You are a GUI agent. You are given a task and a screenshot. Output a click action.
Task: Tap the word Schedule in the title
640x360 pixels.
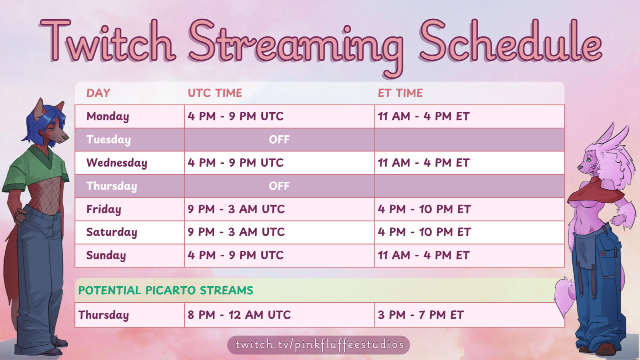pyautogui.click(x=511, y=40)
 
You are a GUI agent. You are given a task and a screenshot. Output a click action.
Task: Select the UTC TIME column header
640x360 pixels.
pyautogui.click(x=215, y=93)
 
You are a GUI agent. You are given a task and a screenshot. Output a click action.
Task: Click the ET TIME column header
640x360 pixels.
pyautogui.click(x=400, y=93)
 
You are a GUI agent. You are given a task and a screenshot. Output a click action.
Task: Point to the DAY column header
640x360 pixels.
pyautogui.click(x=98, y=93)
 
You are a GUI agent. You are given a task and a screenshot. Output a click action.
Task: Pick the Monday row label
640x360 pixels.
pyautogui.click(x=108, y=117)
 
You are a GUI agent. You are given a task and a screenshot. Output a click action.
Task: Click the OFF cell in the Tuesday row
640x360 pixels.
pyautogui.click(x=279, y=139)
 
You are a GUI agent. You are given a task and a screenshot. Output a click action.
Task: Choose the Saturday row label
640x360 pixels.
pyautogui.click(x=112, y=232)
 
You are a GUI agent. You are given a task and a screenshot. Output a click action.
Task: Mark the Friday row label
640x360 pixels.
pyautogui.click(x=104, y=209)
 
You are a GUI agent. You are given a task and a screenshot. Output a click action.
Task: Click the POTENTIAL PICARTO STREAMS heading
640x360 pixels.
pyautogui.click(x=166, y=290)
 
